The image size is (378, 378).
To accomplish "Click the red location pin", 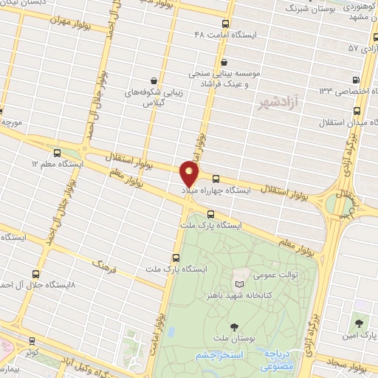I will pos(189,174).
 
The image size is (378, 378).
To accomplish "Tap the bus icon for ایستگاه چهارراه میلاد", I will pos(216,178).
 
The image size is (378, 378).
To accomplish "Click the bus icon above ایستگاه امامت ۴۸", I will pos(226,24).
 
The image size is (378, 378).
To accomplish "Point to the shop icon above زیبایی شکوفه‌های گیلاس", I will pos(153,80).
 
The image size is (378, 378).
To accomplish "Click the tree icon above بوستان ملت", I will pos(235,326).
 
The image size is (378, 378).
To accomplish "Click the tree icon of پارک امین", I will pos(360,323).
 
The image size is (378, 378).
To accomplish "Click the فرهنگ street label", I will pos(104,264).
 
